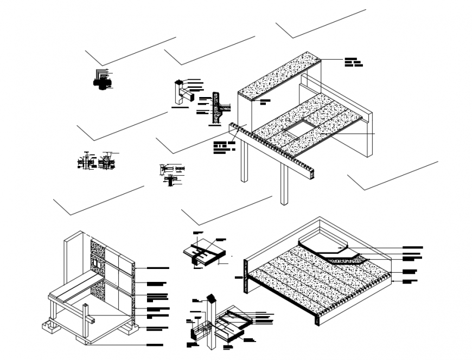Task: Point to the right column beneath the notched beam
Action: coord(283,184)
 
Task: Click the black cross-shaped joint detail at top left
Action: coord(101,81)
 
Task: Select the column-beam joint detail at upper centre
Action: coord(182,93)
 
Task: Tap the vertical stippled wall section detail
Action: coord(218,107)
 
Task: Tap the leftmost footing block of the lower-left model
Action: coord(50,328)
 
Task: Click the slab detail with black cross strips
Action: coord(204,253)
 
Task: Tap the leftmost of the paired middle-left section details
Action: coord(86,162)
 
